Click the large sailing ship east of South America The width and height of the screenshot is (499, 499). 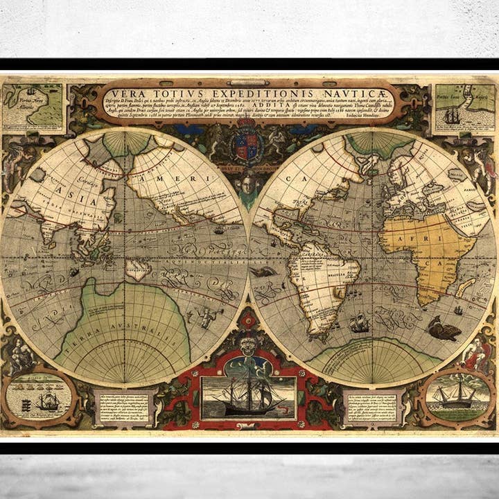coord(359,322)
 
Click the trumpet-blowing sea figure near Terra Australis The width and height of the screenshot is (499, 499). coord(206,317)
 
